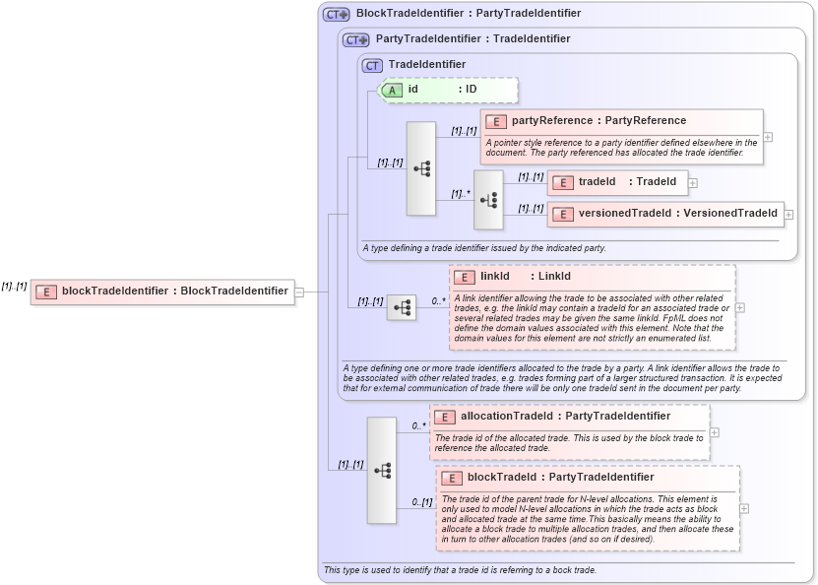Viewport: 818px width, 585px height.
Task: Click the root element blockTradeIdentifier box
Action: [162, 291]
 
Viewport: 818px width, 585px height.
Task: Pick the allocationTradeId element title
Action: [565, 417]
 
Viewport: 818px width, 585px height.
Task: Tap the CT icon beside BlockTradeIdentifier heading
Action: [338, 14]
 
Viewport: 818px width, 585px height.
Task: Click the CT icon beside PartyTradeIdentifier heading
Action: [356, 39]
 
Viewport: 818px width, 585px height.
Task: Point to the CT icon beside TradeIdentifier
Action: [372, 65]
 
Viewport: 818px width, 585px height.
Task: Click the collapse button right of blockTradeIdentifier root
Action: [299, 291]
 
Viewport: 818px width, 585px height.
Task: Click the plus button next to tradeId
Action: [693, 182]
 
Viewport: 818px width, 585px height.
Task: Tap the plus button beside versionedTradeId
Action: [788, 214]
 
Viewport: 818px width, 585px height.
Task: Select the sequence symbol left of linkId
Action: [402, 307]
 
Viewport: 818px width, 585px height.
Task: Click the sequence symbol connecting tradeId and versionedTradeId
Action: [488, 198]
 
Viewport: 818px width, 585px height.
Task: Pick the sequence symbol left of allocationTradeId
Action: [382, 470]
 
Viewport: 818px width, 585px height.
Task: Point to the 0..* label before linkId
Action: [438, 301]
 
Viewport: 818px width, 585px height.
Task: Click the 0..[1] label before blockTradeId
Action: [421, 502]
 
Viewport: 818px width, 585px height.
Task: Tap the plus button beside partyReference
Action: [768, 137]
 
